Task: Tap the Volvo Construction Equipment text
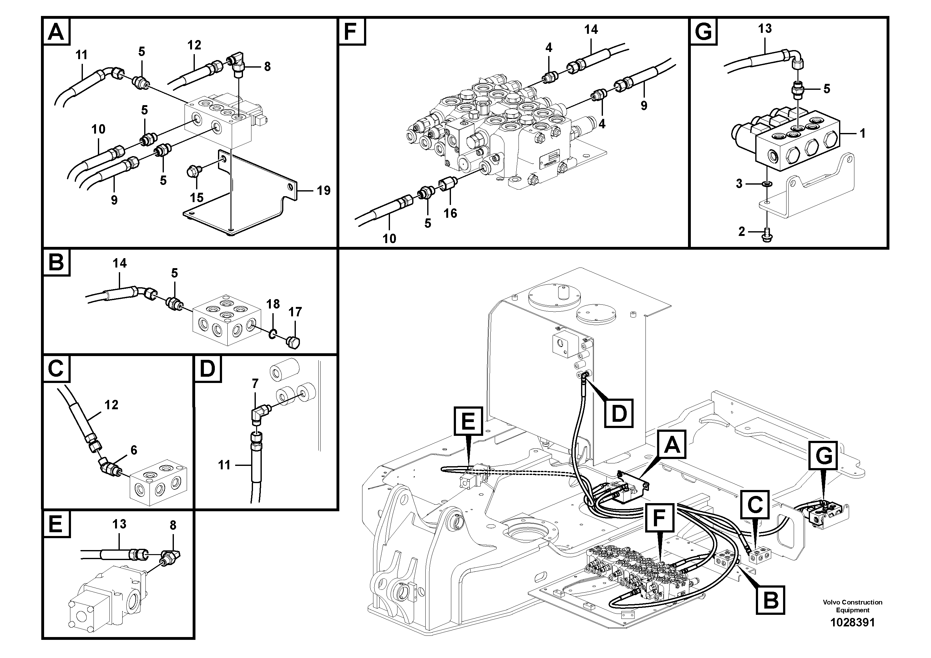pyautogui.click(x=852, y=606)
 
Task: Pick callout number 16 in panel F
pyautogui.click(x=450, y=213)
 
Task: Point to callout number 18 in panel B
pyautogui.click(x=273, y=304)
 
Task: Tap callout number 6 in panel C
pyautogui.click(x=134, y=450)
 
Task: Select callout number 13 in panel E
pyautogui.click(x=119, y=524)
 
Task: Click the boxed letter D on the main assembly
pyautogui.click(x=619, y=413)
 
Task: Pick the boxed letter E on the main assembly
pyautogui.click(x=468, y=421)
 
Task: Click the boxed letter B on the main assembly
pyautogui.click(x=771, y=599)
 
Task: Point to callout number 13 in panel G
pyautogui.click(x=765, y=28)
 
